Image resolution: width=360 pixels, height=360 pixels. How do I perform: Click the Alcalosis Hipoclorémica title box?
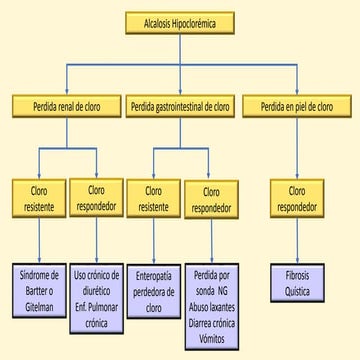[x=180, y=21]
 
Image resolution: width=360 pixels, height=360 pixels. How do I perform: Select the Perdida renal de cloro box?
[x=68, y=105]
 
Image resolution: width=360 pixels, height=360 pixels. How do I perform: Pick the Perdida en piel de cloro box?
[x=297, y=105]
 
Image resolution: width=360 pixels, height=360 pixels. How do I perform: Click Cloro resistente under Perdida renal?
[x=40, y=197]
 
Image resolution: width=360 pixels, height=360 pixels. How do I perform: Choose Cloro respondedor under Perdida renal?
[x=97, y=197]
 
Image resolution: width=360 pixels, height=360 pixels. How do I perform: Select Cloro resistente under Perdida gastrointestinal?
[x=153, y=197]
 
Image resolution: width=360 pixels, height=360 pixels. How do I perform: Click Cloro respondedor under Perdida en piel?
[x=297, y=197]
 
